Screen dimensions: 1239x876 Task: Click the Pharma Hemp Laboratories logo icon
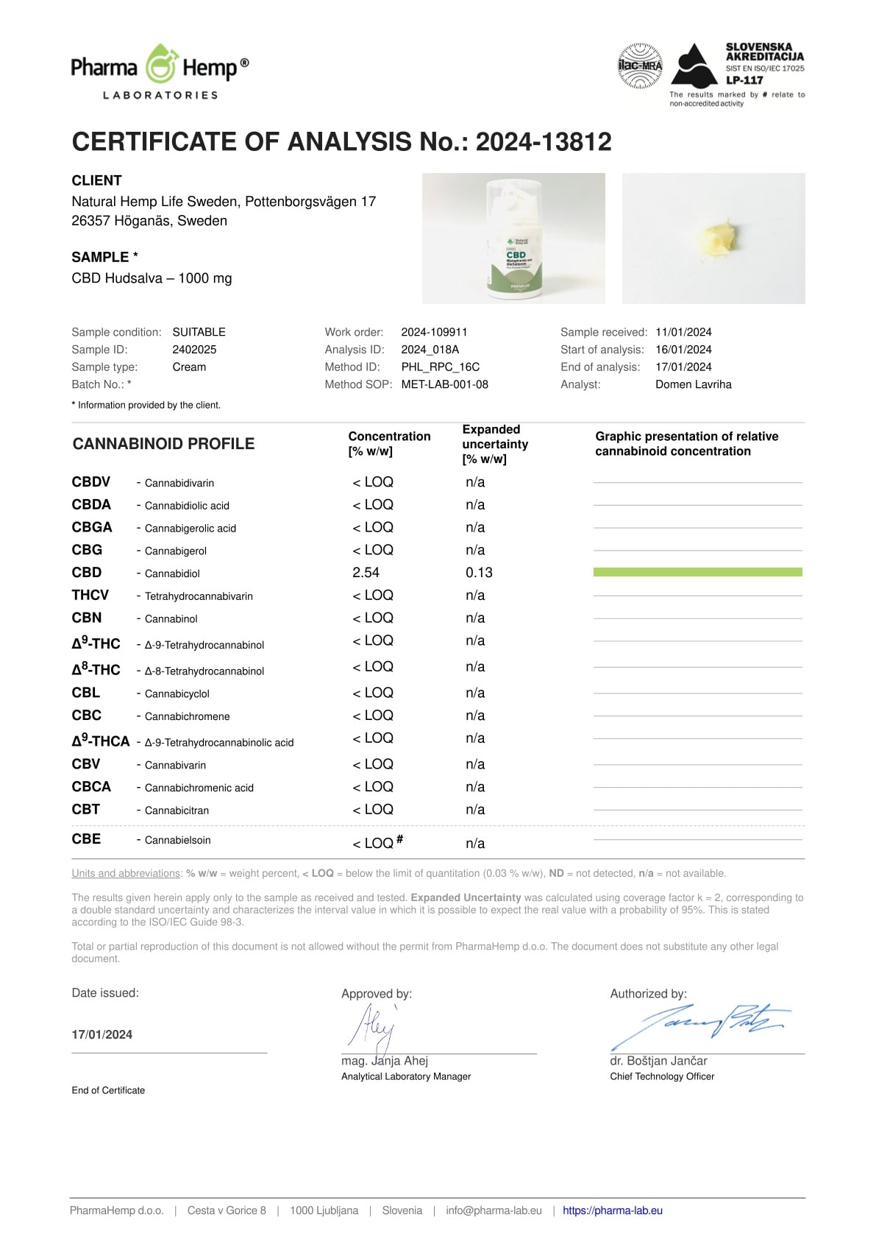pos(160,65)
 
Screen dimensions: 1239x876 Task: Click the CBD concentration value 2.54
pos(366,573)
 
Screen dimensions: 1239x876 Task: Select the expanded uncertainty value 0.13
pos(479,573)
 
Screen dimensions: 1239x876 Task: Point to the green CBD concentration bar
pos(697,572)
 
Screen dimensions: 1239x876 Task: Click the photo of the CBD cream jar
pos(513,239)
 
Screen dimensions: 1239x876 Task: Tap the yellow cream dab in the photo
pos(714,239)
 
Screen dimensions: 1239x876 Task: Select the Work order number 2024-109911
pos(434,332)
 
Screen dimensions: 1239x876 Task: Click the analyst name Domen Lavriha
pos(693,384)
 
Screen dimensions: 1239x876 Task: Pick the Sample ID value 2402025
pos(194,350)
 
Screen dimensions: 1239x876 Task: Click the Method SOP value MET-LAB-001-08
pos(444,384)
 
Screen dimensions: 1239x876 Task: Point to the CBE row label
pos(86,839)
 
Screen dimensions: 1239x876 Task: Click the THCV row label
pos(90,595)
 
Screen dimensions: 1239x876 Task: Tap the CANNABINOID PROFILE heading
pos(163,444)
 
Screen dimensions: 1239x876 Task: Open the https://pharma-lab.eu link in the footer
pos(612,1210)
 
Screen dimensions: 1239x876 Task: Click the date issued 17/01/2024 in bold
pos(102,1034)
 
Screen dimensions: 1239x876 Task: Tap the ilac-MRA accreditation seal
pos(640,66)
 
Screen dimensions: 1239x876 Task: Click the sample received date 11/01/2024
pos(683,332)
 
